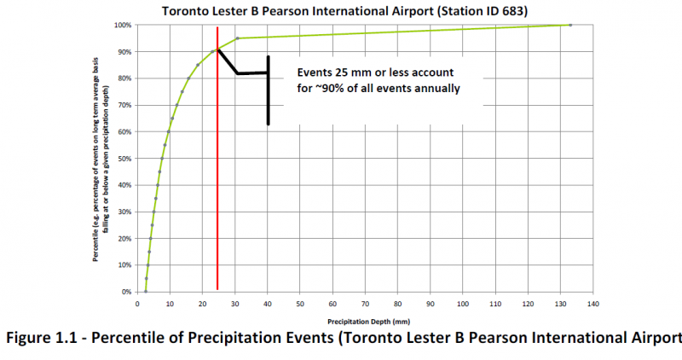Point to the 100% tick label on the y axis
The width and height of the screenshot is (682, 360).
(123, 25)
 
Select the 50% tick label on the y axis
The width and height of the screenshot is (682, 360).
(124, 159)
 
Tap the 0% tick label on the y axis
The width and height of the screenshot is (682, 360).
(126, 292)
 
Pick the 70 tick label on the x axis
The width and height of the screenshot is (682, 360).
(365, 302)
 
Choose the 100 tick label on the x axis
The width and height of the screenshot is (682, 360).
(462, 302)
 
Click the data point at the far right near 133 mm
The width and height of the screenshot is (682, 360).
(569, 25)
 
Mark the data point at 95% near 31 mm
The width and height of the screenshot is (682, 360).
(238, 38)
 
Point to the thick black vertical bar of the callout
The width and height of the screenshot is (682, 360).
(268, 90)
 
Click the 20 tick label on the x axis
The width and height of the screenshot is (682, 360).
(202, 302)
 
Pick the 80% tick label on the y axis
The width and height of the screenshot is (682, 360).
(124, 78)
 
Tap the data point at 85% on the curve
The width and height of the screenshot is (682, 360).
(198, 65)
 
